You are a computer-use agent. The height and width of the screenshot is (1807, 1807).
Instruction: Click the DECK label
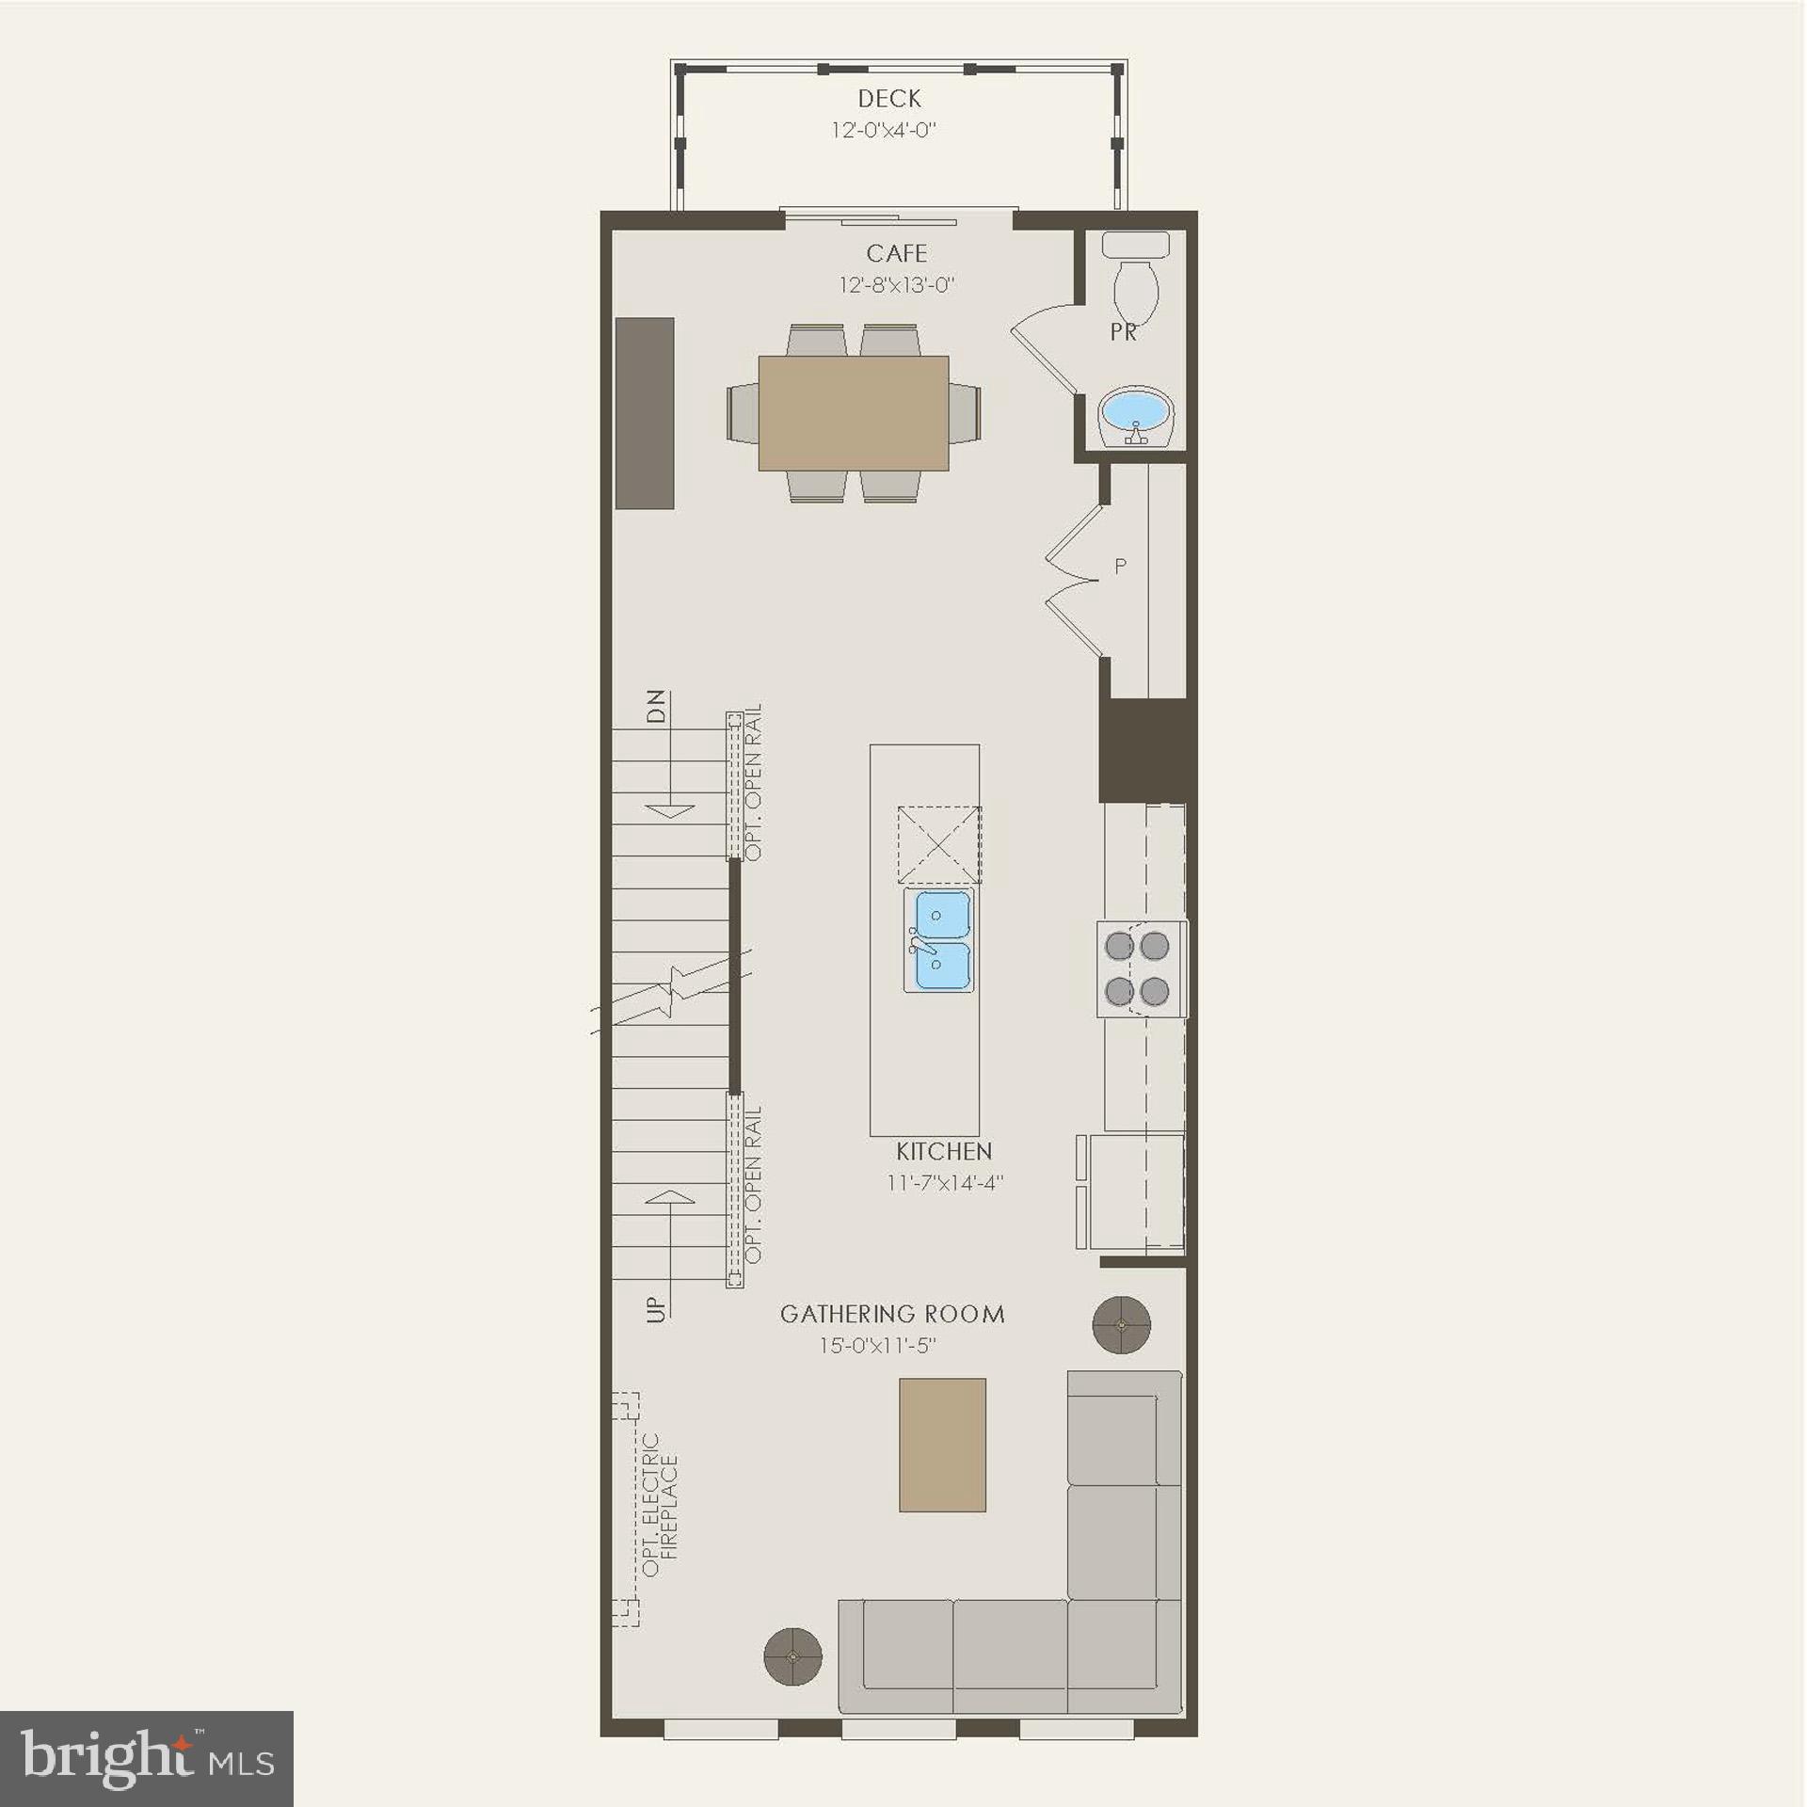tap(888, 99)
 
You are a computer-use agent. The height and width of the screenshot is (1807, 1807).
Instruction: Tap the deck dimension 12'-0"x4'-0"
tap(883, 130)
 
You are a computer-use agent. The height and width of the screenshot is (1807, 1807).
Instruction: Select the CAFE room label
tap(896, 253)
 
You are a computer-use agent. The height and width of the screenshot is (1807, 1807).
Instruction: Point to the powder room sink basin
tap(1136, 412)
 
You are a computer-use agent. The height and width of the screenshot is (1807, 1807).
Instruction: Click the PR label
tap(1123, 332)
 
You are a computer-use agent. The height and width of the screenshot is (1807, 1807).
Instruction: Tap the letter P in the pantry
tap(1120, 567)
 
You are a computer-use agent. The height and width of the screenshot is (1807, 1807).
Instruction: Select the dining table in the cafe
tap(853, 412)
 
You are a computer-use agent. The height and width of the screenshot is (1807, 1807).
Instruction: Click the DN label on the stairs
tap(656, 706)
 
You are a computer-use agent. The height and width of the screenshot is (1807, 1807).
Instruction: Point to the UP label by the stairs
tap(656, 1309)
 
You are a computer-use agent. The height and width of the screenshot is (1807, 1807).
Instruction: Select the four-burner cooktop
tap(1137, 968)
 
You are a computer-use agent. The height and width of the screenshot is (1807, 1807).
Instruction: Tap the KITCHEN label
tap(943, 1151)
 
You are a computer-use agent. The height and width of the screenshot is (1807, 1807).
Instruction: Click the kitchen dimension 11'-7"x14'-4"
tap(945, 1183)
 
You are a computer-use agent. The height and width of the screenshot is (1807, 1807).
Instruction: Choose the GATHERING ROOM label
tap(891, 1314)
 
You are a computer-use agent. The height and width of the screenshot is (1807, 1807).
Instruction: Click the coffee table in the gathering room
tap(942, 1445)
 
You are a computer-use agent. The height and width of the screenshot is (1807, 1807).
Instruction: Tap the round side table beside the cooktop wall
tap(1121, 1324)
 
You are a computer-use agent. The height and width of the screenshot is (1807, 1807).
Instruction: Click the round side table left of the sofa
tap(792, 1655)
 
